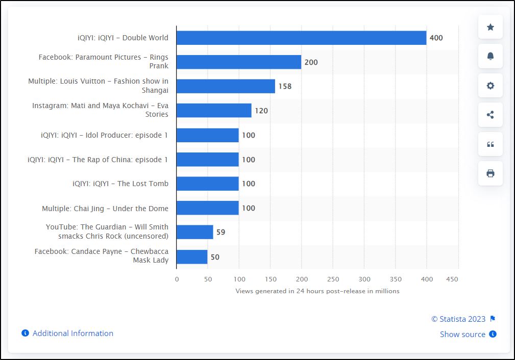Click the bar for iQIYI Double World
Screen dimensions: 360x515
pyautogui.click(x=301, y=38)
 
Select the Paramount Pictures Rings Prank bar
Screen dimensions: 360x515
pyautogui.click(x=239, y=62)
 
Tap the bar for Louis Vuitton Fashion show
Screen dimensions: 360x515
pyautogui.click(x=226, y=86)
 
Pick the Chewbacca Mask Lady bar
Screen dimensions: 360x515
pyautogui.click(x=192, y=257)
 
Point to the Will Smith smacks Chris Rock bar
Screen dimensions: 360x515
pyautogui.click(x=195, y=232)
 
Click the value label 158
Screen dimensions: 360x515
pyautogui.click(x=285, y=86)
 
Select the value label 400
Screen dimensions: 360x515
pyautogui.click(x=436, y=38)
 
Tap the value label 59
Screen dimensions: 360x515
pyautogui.click(x=220, y=232)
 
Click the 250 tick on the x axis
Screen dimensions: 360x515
pyautogui.click(x=333, y=279)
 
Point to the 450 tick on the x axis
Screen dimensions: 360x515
pyautogui.click(x=452, y=279)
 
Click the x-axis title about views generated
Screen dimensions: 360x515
pyautogui.click(x=317, y=291)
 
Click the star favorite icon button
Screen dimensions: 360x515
pyautogui.click(x=490, y=27)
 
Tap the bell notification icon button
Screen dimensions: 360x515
pyautogui.click(x=490, y=56)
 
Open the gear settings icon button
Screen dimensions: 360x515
pyautogui.click(x=490, y=86)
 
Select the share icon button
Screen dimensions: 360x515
pyautogui.click(x=490, y=115)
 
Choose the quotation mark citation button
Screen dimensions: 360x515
pyautogui.click(x=490, y=144)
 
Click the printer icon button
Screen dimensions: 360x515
pyautogui.click(x=490, y=173)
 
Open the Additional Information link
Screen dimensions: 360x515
pyautogui.click(x=72, y=333)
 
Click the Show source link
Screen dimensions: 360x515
pyautogui.click(x=462, y=335)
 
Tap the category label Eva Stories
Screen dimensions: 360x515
pyautogui.click(x=100, y=110)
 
